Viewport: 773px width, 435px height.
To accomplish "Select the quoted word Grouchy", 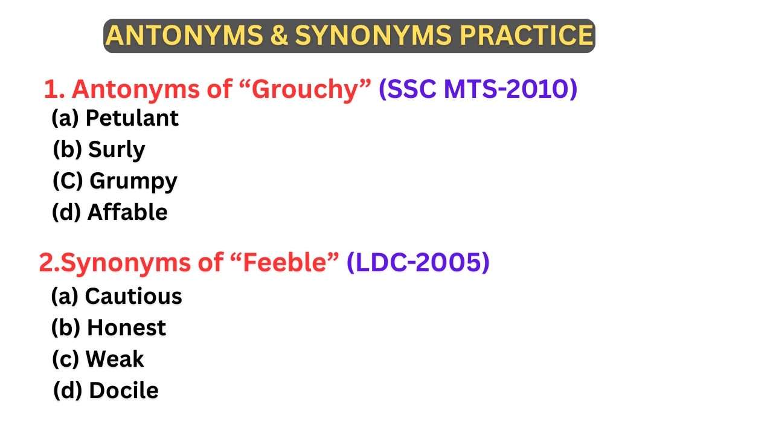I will pos(312,89).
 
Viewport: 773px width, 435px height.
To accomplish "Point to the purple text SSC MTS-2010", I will pos(478,89).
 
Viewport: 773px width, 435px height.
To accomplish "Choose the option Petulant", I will pos(132,118).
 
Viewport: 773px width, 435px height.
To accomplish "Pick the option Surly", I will pos(117,149).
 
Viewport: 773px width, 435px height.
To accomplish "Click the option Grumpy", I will pos(133,181).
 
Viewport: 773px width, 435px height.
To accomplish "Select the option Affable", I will pos(127,212).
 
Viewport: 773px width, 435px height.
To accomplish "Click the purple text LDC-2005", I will pos(418,263).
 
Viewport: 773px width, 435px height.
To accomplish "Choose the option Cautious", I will pos(133,296).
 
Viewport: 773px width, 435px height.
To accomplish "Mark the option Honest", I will pos(126,327).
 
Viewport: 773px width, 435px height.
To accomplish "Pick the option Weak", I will pos(115,359).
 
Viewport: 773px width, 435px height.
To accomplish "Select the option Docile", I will pos(123,390).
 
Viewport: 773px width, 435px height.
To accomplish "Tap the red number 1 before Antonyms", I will pos(53,89).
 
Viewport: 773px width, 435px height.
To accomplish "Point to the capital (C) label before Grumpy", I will pos(68,181).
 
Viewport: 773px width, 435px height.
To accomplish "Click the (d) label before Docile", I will pos(68,390).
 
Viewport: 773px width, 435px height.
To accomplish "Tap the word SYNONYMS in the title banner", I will pos(373,36).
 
